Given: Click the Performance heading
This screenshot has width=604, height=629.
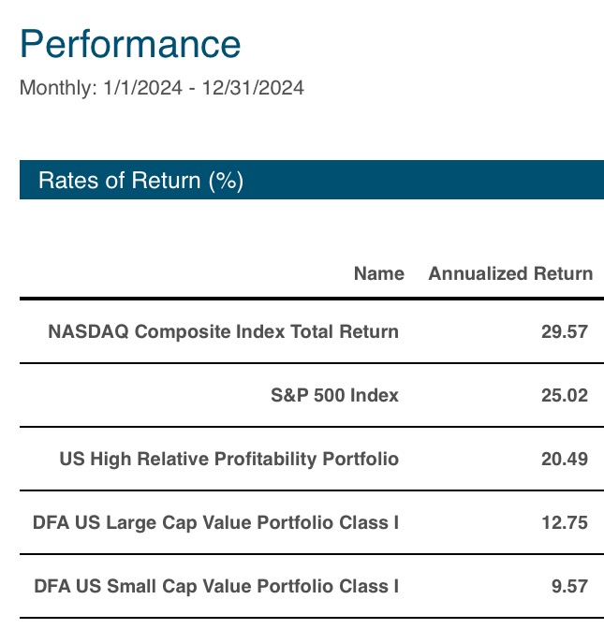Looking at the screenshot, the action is coord(130,44).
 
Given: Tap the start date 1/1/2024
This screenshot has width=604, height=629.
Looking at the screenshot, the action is coord(143,88).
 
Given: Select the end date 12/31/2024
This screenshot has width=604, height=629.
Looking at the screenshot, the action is coord(253,88).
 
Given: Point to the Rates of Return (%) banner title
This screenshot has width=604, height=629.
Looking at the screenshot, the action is coord(140,180).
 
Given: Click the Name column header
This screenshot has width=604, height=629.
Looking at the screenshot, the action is coord(379,273).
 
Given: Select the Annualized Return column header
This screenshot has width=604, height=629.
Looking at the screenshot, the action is coord(510,273).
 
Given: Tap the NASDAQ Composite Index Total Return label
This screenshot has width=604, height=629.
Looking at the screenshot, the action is coord(223,331).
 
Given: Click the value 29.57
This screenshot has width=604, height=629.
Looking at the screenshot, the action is coord(565,331).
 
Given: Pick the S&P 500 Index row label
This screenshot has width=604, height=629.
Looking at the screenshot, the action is coord(334,395).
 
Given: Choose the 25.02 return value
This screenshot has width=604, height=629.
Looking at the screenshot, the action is coord(565,396).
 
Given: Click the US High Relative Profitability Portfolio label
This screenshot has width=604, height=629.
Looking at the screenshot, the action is coord(229,459).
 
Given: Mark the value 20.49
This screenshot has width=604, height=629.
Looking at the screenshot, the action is coord(565,459).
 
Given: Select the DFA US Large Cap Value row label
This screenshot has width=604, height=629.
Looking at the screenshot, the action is coord(216,522).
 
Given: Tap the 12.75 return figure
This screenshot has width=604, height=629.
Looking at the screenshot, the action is coord(565,522).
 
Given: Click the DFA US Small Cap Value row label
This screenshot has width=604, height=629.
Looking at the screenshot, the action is coord(216,586).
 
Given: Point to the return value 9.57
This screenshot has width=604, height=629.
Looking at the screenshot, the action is coord(570,587).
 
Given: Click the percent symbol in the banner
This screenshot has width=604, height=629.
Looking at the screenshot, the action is coord(226,180).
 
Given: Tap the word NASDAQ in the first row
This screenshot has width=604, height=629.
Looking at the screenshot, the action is coord(88,331).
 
